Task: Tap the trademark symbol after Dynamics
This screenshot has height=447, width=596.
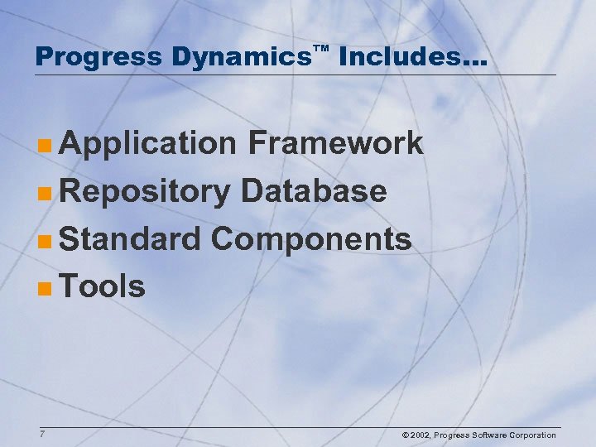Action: click(x=322, y=50)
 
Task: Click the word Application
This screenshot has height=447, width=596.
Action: click(x=148, y=144)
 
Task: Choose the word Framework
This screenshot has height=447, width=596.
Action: click(x=334, y=143)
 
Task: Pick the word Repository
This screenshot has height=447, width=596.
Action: click(x=146, y=192)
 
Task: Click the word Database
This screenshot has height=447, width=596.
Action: click(x=314, y=191)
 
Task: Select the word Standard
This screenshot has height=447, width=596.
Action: click(x=131, y=239)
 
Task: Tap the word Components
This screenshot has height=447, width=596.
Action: click(x=311, y=239)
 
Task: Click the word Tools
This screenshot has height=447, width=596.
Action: click(x=103, y=286)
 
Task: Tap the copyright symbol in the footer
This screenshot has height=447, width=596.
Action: click(x=405, y=435)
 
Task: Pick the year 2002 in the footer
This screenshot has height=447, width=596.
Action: click(x=421, y=435)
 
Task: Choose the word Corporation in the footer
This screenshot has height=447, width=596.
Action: click(x=533, y=435)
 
